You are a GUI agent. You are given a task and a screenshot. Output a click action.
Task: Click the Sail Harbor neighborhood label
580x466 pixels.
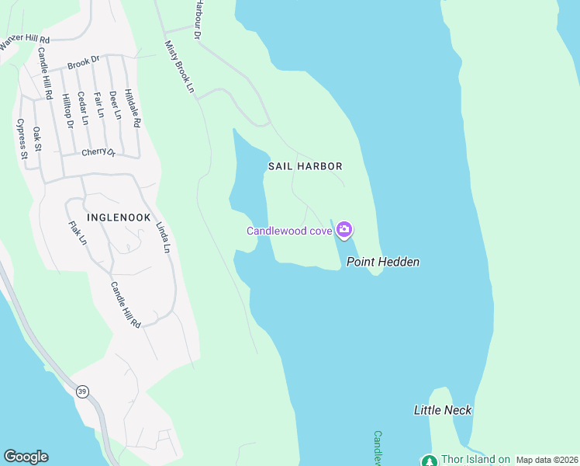305,166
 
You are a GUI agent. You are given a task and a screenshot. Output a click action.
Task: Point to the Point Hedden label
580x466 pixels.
383,262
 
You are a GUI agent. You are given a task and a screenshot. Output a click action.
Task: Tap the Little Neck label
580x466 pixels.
443,410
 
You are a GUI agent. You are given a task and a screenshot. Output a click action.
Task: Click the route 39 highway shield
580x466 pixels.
82,391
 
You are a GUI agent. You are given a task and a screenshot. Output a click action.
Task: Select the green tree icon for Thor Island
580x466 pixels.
429,461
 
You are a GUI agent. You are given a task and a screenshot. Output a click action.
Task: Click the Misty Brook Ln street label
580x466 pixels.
179,67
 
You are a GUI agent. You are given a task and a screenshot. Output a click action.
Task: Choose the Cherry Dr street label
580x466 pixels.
98,153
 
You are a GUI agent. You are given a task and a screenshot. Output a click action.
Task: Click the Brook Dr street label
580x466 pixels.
84,61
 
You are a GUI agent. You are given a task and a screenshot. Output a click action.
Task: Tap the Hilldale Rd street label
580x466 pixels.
133,106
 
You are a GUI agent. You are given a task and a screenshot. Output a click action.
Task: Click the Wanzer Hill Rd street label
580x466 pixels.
25,43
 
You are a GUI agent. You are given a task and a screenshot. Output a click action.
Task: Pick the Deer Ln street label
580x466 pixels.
116,105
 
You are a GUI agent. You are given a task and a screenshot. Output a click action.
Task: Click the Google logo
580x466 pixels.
26,457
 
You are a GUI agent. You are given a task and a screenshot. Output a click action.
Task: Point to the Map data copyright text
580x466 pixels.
547,460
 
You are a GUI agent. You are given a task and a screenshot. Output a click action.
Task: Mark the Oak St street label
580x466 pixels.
37,137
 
